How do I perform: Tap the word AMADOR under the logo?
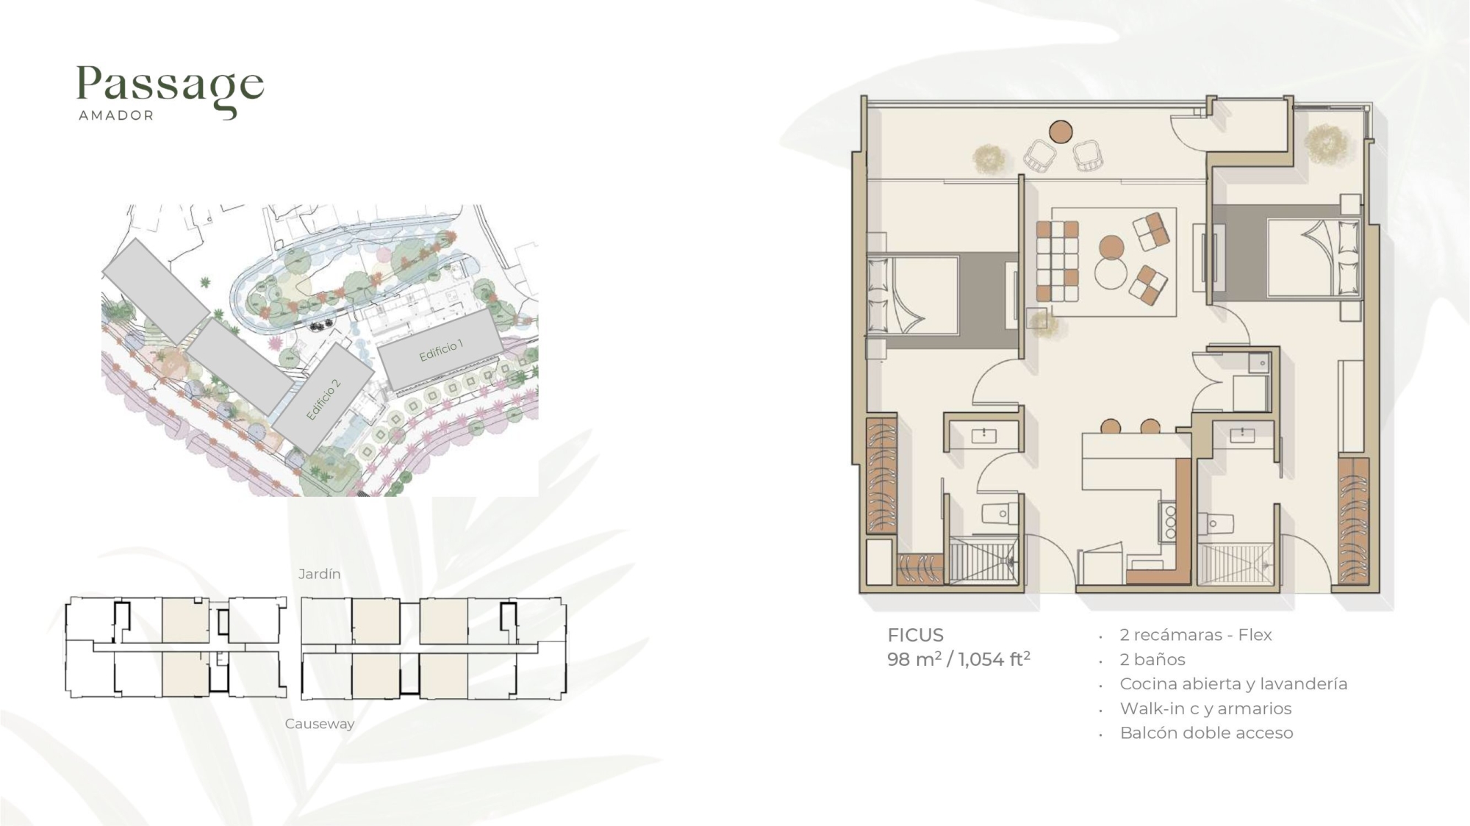[116, 115]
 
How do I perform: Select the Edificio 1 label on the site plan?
[441, 351]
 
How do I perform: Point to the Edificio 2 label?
[323, 399]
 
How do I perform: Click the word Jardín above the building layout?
[319, 574]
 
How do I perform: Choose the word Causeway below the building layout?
[320, 724]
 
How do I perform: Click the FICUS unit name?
[915, 635]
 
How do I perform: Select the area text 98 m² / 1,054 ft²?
[958, 659]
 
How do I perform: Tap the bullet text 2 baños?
[1152, 659]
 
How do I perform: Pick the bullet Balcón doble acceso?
[1206, 733]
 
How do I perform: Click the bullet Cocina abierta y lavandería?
[1233, 684]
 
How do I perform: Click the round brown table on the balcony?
[1061, 132]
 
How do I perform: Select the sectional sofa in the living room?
[1058, 261]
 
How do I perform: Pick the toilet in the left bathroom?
[1000, 513]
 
